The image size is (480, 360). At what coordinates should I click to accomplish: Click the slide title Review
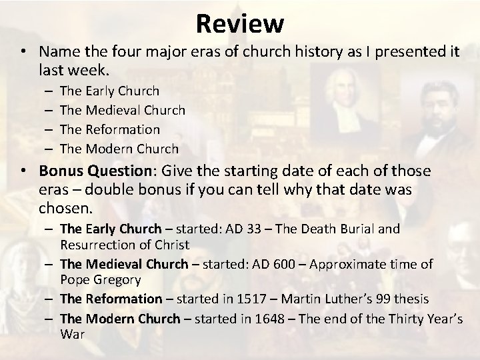240,24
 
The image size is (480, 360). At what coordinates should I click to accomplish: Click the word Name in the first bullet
57,52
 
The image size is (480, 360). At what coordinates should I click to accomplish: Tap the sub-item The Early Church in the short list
109,90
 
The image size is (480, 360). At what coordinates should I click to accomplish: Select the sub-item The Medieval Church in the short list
122,109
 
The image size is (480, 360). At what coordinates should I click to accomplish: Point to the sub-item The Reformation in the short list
110,129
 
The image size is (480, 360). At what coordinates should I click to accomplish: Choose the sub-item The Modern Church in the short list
119,148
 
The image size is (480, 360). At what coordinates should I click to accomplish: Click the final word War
72,333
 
